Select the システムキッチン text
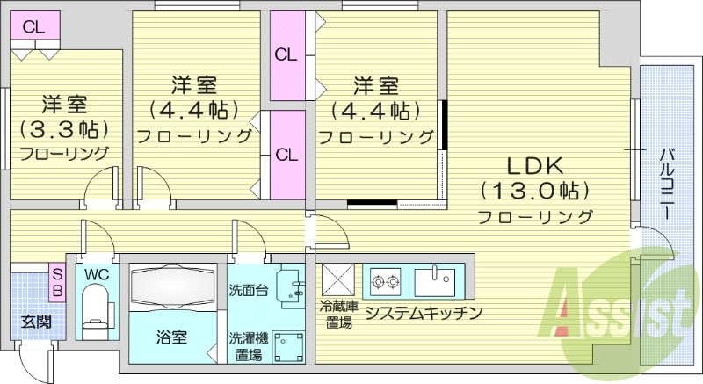tap(424, 313)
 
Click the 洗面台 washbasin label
tap(247, 290)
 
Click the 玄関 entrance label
tap(35, 322)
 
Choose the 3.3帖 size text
tap(63, 128)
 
